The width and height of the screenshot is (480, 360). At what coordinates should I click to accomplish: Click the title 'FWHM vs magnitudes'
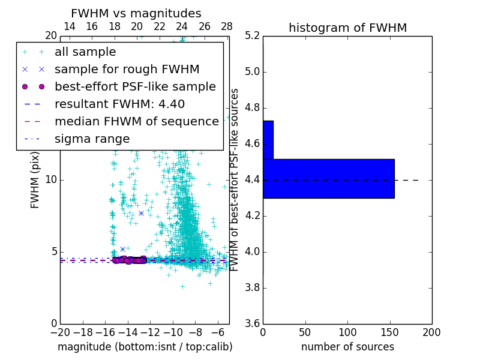click(136, 13)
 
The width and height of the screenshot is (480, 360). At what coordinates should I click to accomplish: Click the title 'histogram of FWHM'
click(347, 28)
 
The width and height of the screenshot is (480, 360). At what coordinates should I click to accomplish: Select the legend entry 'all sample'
click(85, 52)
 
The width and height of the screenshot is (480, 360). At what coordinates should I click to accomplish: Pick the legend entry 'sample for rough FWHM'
click(127, 69)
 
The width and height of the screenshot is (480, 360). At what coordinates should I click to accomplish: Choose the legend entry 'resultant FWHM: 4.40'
click(119, 104)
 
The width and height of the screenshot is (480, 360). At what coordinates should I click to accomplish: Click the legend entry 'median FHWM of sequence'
click(136, 121)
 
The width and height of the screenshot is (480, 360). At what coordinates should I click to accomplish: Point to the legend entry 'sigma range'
click(92, 139)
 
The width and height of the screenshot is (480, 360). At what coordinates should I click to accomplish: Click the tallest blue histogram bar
click(328, 178)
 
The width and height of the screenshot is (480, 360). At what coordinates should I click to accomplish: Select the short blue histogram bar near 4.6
click(268, 140)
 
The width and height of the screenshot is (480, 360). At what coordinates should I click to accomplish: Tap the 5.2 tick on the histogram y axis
click(252, 36)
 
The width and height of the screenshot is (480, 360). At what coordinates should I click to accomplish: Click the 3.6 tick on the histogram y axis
click(252, 323)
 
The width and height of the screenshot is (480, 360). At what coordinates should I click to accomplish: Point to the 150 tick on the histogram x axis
click(389, 332)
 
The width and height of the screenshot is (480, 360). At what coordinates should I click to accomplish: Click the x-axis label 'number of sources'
click(347, 347)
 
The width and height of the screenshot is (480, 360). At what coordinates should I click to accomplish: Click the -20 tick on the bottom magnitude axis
click(60, 332)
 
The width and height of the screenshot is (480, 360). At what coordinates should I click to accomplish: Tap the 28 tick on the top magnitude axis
click(227, 26)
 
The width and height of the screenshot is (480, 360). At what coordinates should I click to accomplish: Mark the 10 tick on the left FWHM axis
click(52, 180)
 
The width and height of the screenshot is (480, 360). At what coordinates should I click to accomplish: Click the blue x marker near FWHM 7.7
click(141, 213)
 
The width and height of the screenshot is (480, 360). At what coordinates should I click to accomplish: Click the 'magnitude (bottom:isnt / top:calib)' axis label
click(145, 347)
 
